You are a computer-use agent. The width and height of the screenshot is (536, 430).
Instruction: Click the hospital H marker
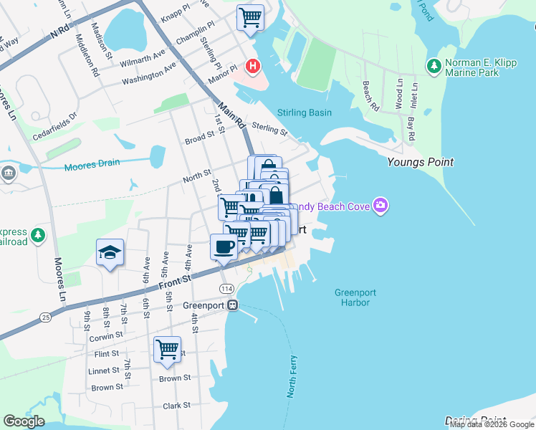(252, 67)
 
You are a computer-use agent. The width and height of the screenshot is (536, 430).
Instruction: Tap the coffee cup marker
(223, 247)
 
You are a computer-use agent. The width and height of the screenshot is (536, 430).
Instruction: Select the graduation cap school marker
(110, 252)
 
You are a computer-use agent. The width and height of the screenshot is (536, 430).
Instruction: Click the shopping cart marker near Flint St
(167, 350)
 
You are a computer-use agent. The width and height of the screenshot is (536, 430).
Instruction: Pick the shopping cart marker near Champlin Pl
(250, 17)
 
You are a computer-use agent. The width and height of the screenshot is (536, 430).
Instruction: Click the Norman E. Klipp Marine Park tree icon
(434, 67)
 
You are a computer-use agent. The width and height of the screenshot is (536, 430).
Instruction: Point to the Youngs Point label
(420, 162)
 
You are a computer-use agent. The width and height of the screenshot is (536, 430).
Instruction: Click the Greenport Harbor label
(355, 297)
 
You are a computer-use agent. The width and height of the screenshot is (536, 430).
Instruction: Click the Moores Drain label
(92, 166)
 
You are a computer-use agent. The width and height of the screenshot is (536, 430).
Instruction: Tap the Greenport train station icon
(232, 305)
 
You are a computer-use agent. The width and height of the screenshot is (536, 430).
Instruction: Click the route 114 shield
(227, 288)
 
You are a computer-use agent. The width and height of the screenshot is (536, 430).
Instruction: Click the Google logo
(24, 421)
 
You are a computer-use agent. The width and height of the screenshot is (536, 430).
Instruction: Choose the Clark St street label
(176, 405)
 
